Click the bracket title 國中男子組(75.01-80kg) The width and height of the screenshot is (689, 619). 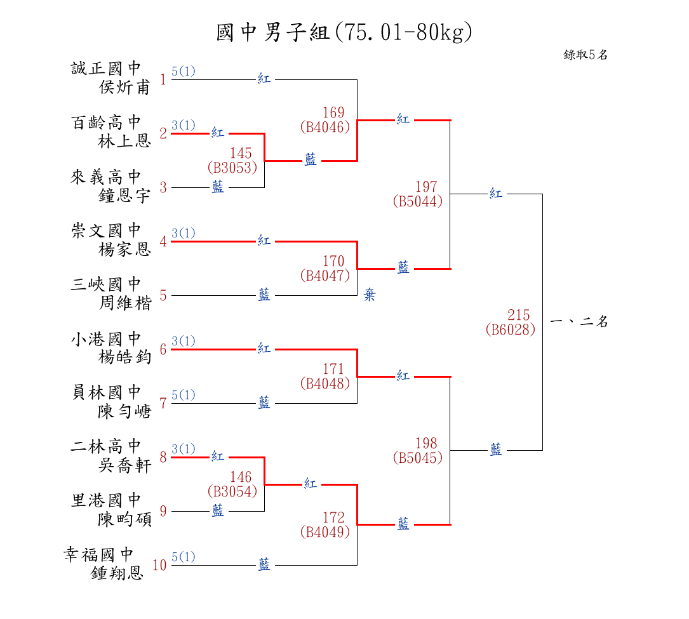344,32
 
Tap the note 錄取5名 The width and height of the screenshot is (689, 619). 585,55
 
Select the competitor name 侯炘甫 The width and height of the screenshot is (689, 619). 125,88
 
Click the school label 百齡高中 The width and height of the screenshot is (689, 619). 106,123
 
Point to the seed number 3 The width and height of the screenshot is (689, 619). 163,187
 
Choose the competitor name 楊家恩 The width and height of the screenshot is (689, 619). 125,250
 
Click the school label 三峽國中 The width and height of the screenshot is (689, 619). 106,284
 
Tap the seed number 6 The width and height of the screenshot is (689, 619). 163,349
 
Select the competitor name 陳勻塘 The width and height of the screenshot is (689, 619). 125,411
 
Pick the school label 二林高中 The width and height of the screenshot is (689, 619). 106,446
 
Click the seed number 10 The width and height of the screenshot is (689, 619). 159,565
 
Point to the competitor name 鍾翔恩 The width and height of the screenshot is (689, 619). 117,574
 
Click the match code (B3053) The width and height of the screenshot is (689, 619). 232,168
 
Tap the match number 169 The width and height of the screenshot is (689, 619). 333,113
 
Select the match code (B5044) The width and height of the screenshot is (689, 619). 418,201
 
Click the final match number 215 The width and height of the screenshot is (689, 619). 519,316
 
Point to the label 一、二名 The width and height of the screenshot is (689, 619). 579,322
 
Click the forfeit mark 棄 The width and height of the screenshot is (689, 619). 370,295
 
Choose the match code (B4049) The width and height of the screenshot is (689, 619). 325,532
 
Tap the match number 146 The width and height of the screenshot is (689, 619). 241,477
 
